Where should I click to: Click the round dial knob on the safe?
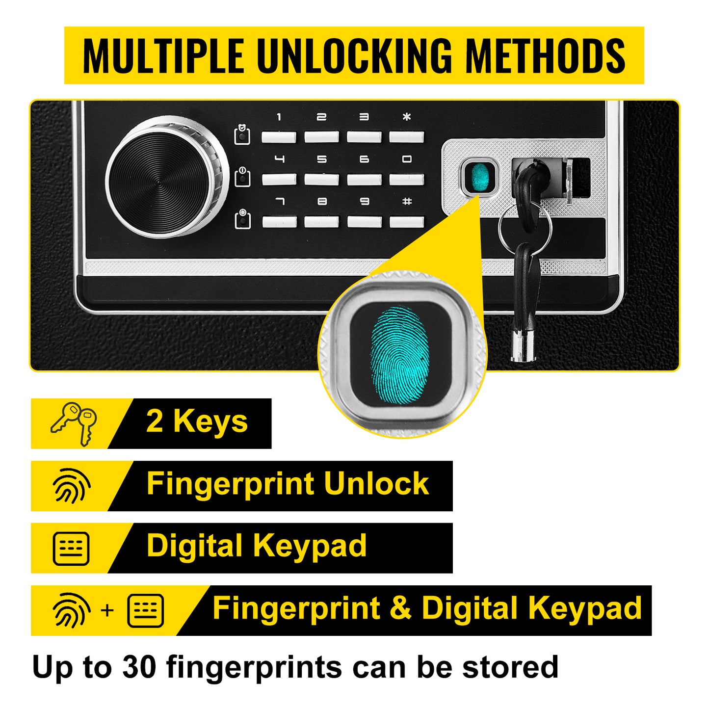click(x=167, y=177)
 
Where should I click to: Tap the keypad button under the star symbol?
click(x=406, y=136)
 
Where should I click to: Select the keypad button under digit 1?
click(x=279, y=136)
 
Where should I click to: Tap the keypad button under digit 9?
click(x=364, y=222)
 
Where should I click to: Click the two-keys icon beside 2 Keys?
click(x=75, y=423)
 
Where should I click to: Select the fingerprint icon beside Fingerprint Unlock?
click(x=72, y=486)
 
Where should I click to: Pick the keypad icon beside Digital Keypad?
click(x=71, y=548)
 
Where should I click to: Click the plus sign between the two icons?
click(x=107, y=610)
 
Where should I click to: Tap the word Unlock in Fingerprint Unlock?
click(x=376, y=484)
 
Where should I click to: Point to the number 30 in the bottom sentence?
click(x=139, y=667)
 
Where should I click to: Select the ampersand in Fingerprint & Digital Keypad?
click(x=401, y=608)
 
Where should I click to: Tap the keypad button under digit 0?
click(x=406, y=179)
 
